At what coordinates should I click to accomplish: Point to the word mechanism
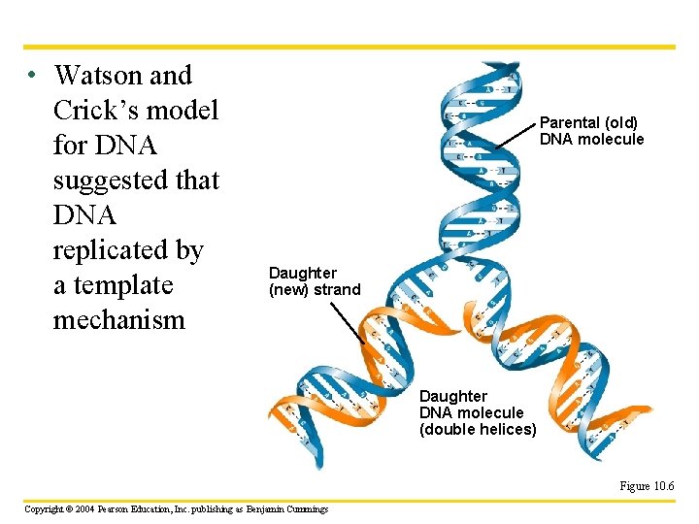coord(118,320)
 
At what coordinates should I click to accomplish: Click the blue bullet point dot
coord(32,76)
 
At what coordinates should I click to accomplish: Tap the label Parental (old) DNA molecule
coord(590,130)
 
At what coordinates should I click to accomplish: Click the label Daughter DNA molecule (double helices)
coord(476,412)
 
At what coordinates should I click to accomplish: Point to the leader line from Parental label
coord(515,136)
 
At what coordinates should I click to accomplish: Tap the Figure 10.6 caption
coord(648,486)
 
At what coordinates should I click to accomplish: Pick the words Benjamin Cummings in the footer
coord(287,508)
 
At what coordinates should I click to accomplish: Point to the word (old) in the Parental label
coord(617,122)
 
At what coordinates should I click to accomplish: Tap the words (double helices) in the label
coord(478,429)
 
